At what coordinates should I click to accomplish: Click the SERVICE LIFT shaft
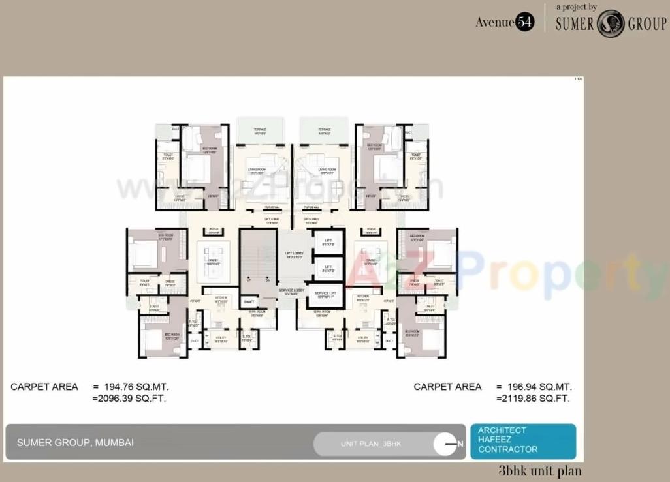pos(325,295)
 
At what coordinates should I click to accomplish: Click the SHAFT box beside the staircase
pos(248,301)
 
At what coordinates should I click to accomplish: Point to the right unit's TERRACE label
pos(324,130)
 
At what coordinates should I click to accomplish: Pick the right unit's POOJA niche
pos(372,230)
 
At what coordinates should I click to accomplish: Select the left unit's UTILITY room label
pos(221,338)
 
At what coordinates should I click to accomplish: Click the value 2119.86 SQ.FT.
pos(534,398)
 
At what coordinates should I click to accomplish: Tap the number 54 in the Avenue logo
pos(525,22)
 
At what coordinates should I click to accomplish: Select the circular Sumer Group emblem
pos(611,23)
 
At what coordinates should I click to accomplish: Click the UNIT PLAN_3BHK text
pos(371,444)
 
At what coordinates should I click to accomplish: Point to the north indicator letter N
pos(460,444)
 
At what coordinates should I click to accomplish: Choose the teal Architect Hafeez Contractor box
pos(522,441)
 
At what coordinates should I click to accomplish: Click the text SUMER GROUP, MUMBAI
pos(75,442)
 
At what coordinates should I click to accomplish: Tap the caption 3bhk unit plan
pos(539,471)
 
